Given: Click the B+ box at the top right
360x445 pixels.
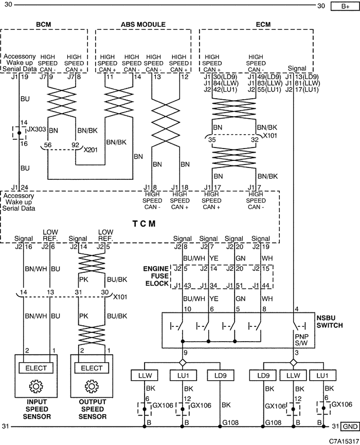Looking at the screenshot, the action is click(345, 6).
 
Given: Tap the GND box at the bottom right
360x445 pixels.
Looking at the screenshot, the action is click(350, 427).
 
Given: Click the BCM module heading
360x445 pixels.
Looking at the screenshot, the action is click(44, 25).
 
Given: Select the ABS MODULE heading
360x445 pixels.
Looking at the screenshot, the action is click(143, 25).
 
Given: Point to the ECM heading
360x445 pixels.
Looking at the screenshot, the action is click(263, 25).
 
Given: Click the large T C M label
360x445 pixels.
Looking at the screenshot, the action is click(144, 224).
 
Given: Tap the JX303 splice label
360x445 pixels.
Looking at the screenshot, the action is click(37, 129).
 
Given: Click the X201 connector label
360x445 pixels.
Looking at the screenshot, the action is click(91, 150).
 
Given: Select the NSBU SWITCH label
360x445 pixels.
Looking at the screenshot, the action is click(330, 322).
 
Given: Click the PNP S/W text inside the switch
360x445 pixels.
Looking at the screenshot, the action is click(301, 340).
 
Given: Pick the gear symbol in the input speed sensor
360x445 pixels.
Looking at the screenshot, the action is click(36, 386).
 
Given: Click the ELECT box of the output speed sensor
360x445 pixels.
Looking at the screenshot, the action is click(92, 368).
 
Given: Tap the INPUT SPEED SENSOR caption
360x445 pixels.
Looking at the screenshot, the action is click(37, 409).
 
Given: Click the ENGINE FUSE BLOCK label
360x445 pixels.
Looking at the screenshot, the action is click(156, 276).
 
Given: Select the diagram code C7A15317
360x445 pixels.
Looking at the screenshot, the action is click(344, 441).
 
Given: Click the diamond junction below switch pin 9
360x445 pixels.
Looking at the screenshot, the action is click(183, 363).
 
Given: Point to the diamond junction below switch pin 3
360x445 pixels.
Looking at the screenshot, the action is click(294, 363).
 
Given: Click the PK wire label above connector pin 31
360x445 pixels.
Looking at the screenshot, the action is click(83, 280).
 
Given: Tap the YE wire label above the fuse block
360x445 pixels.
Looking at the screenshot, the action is click(214, 258).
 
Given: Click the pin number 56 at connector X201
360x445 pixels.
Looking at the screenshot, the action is click(48, 145).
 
